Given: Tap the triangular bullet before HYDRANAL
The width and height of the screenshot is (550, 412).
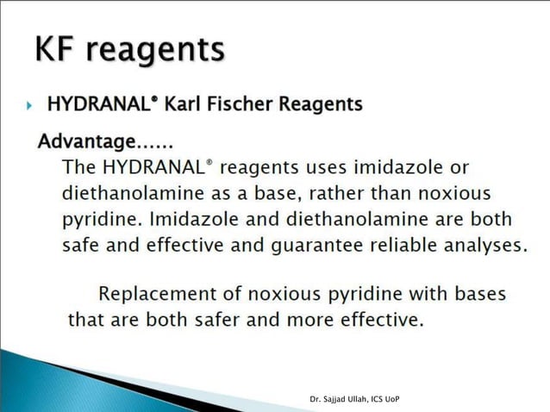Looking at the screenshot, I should click(x=29, y=106).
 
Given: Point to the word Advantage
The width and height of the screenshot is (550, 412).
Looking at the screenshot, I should click(x=86, y=140).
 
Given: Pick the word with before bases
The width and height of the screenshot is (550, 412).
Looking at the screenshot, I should click(x=426, y=293).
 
